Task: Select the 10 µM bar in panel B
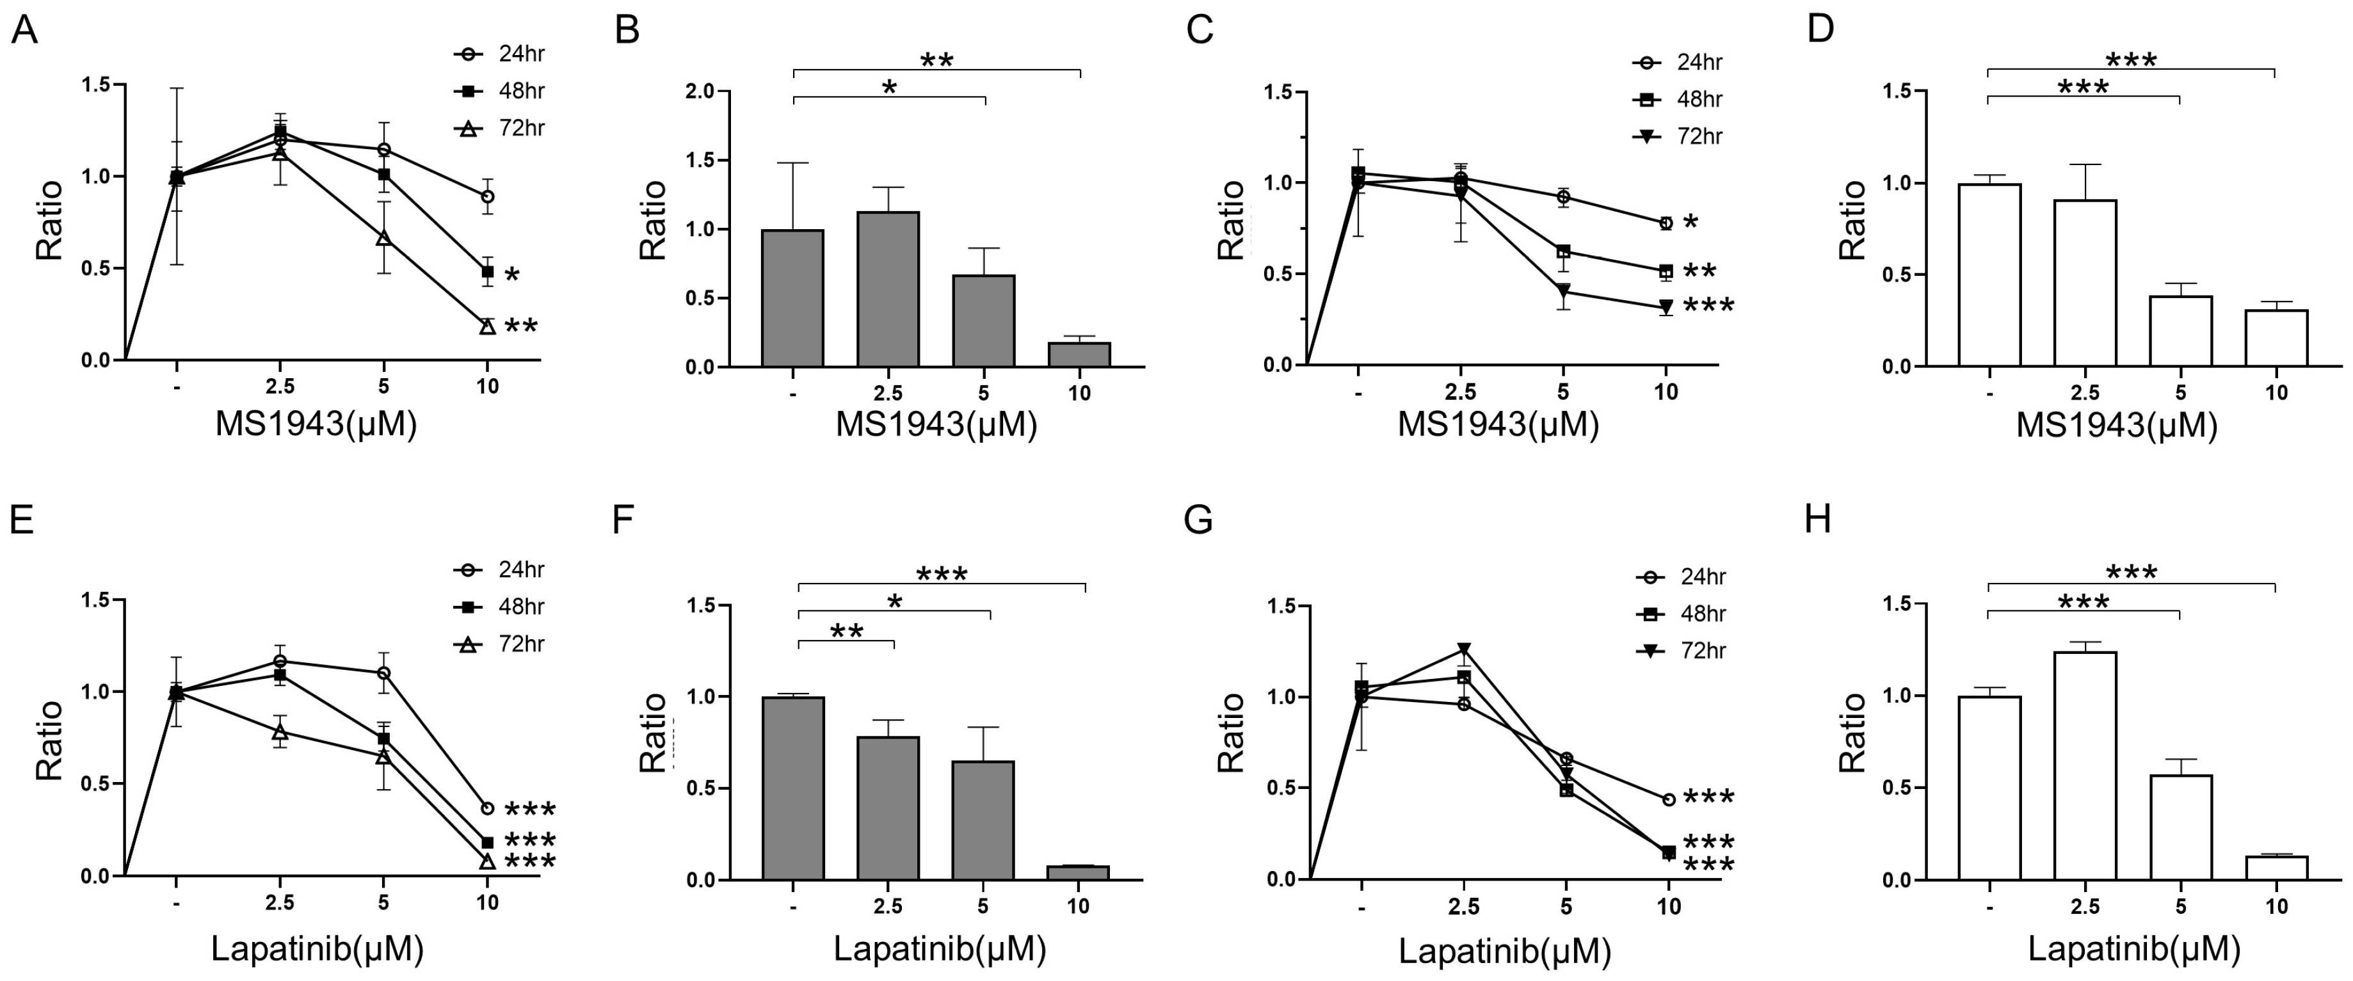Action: [x=1080, y=355]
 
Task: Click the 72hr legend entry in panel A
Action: [x=500, y=129]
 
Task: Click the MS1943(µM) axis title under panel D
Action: [x=2116, y=425]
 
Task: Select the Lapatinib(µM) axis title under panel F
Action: [x=939, y=949]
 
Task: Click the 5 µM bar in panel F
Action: [x=983, y=820]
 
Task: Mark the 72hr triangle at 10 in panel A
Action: [x=487, y=326]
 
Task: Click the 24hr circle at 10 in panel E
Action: [x=487, y=808]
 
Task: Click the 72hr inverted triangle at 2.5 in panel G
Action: [x=1465, y=650]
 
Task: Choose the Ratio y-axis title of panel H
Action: [x=1852, y=733]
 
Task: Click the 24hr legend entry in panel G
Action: [x=1681, y=577]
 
